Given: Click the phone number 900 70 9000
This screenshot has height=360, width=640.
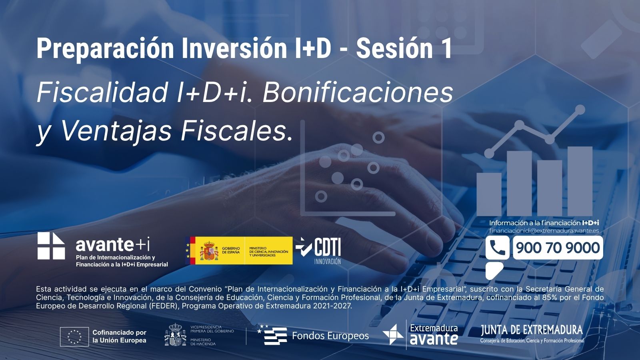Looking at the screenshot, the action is click(x=558, y=248).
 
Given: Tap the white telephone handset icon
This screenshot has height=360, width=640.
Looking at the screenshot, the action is click(x=497, y=248).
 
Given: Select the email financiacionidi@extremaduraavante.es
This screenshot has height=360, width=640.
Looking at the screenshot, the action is click(x=544, y=231).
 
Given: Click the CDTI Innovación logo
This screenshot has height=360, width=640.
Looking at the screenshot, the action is click(x=318, y=250).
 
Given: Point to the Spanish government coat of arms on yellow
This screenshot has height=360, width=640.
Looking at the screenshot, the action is click(x=209, y=250).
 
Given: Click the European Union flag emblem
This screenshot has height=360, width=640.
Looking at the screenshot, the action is click(x=74, y=336).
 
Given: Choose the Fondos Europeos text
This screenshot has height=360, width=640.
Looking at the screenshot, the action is click(x=330, y=336).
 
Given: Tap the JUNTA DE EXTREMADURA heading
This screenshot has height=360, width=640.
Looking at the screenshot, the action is click(x=532, y=330).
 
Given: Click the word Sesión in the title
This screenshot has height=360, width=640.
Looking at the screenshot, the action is click(x=394, y=48).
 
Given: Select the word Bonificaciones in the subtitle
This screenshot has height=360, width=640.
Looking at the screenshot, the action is click(x=358, y=92).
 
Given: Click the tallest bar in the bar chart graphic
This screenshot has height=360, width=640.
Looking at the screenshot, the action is click(x=580, y=181).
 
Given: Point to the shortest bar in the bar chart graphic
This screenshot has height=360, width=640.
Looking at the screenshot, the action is click(x=489, y=194).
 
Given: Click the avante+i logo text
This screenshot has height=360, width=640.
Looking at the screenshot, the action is click(x=113, y=244).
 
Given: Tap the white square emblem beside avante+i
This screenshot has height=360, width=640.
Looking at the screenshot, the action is click(x=51, y=246).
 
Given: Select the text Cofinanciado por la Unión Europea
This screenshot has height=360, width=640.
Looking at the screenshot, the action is click(x=120, y=336).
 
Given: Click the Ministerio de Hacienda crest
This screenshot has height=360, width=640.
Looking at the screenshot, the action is click(x=176, y=334).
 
